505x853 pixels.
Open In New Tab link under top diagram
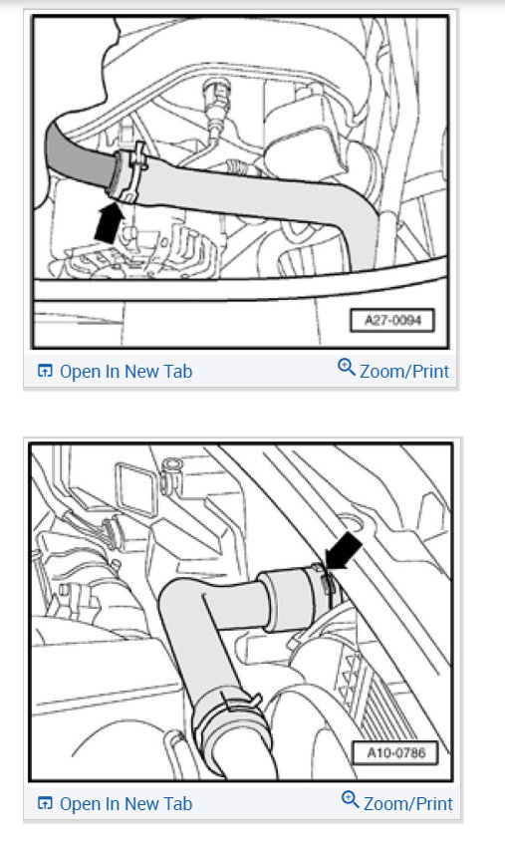pos(126,372)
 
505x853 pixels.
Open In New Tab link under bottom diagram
pos(126,803)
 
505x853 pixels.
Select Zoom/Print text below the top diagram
pos(404,372)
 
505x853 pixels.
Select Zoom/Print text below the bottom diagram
pos(407,803)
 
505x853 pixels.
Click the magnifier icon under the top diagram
pos(347,368)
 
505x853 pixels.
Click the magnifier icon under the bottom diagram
pos(350,799)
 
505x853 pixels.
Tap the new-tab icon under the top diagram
pos(44,372)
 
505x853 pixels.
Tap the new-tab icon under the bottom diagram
pos(44,803)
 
